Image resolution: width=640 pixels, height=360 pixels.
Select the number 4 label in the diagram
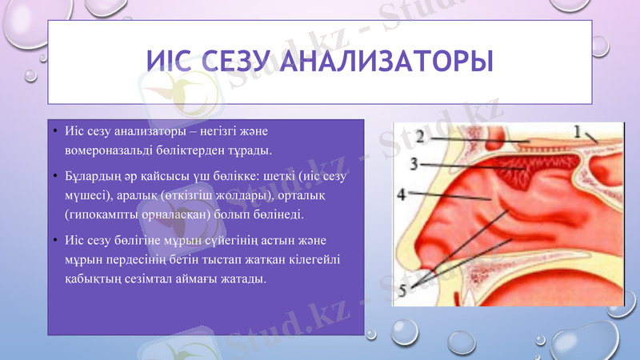404,194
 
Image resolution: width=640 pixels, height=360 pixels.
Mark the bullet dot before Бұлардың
54,175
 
